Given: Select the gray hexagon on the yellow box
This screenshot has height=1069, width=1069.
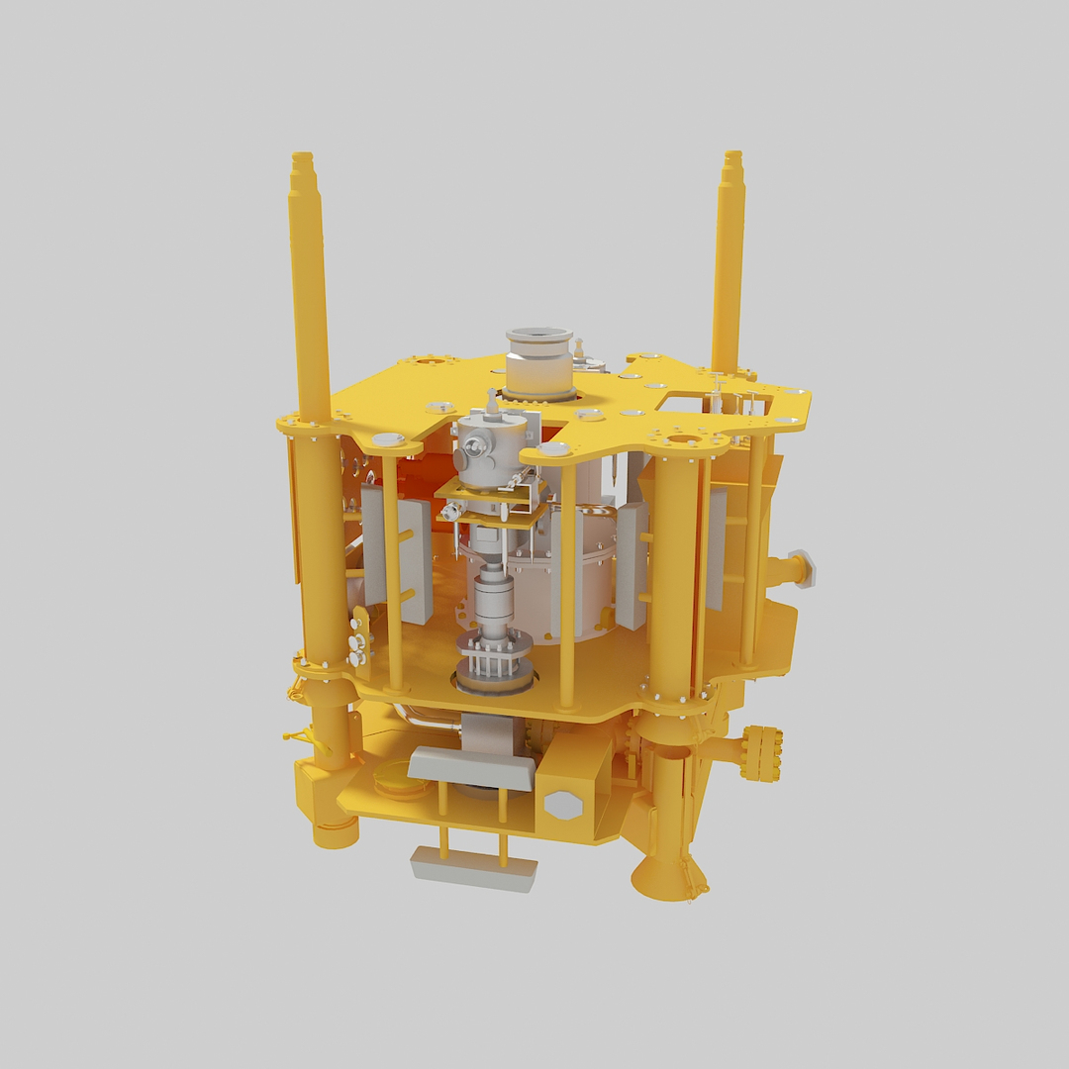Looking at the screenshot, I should [563, 804].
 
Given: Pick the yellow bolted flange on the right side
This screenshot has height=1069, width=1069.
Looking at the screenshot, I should [763, 752].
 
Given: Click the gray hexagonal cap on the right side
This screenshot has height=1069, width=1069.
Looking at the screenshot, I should [803, 569].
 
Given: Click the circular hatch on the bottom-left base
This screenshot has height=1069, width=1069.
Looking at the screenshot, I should [400, 785].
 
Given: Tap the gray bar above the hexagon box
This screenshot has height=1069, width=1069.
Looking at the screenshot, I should [471, 767].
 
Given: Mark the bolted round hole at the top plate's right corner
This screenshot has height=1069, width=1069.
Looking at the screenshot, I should [684, 439].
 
